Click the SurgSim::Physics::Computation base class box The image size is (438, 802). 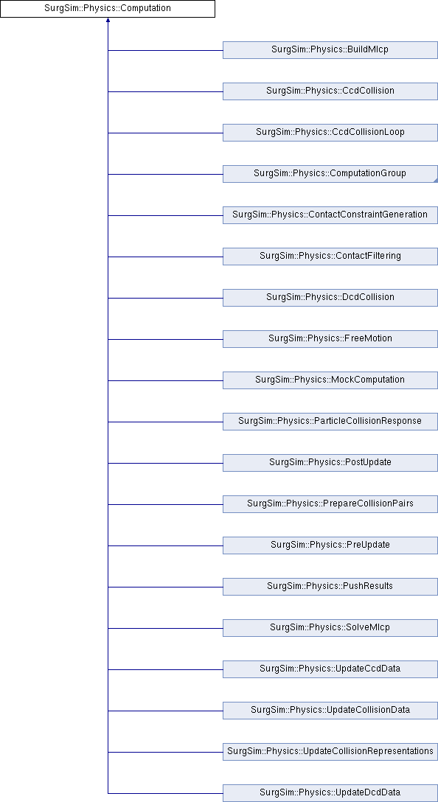click(108, 9)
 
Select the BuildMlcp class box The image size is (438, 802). click(330, 50)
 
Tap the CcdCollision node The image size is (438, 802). click(330, 91)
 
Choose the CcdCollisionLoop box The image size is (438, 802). click(330, 133)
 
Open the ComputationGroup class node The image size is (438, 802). click(330, 174)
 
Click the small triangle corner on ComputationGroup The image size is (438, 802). click(436, 180)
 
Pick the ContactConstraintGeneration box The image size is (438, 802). click(330, 215)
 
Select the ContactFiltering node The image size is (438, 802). click(330, 257)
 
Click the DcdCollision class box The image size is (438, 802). click(330, 298)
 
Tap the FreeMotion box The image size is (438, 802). click(330, 338)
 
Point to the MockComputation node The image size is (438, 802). click(330, 380)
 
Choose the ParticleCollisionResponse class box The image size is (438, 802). click(330, 422)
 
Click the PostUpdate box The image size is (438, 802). click(330, 462)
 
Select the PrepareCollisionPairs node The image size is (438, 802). click(330, 503)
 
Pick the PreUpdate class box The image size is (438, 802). click(330, 545)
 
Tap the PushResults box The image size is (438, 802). click(330, 586)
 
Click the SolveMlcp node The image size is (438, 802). click(330, 627)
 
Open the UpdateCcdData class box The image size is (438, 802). click(330, 669)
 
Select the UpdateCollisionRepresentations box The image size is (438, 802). click(330, 751)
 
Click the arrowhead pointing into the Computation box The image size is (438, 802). click(108, 20)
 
